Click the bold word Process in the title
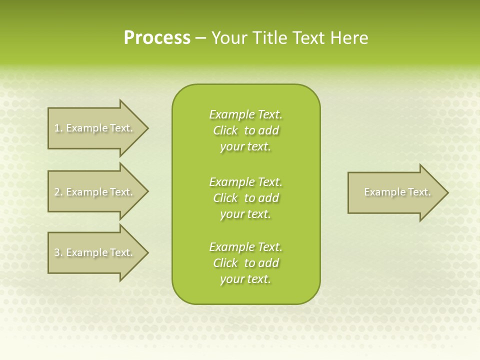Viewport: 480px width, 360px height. [157, 38]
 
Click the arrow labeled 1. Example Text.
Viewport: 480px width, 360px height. [95, 128]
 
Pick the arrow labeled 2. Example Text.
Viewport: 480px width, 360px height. [95, 192]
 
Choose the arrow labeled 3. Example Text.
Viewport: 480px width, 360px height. [95, 252]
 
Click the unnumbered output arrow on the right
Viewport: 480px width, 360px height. [395, 192]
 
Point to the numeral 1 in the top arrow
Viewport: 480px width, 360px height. [57, 128]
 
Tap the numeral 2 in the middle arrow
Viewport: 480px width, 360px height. [57, 192]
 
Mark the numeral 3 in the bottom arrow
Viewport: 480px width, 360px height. [57, 253]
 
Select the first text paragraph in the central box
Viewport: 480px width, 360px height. [245, 130]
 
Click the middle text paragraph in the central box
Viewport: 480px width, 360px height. [245, 198]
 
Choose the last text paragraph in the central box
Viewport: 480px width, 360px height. [245, 263]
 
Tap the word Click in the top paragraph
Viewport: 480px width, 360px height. [225, 130]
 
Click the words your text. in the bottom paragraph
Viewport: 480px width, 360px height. [245, 279]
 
